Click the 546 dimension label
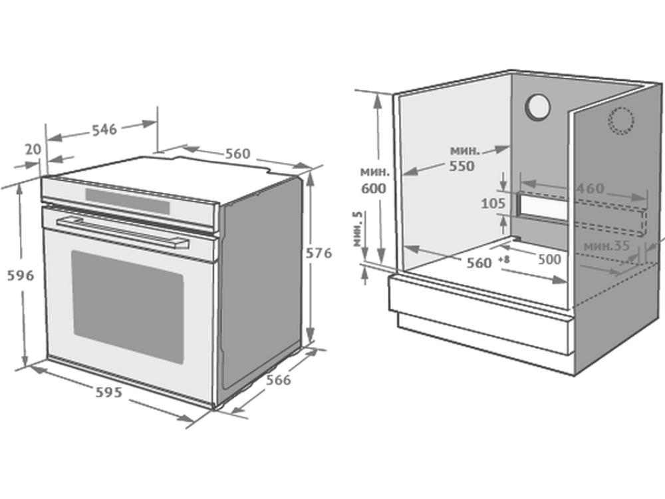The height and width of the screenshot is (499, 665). pyautogui.click(x=104, y=130)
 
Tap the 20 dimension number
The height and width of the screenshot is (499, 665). pyautogui.click(x=33, y=149)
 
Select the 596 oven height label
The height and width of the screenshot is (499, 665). pyautogui.click(x=21, y=276)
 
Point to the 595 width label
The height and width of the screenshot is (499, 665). pyautogui.click(x=108, y=393)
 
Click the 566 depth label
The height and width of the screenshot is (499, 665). pyautogui.click(x=278, y=380)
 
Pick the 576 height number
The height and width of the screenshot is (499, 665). pyautogui.click(x=319, y=253)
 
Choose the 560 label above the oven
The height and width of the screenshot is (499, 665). pyautogui.click(x=237, y=154)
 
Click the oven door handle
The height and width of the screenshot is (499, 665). pyautogui.click(x=122, y=232)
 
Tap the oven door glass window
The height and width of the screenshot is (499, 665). pyautogui.click(x=128, y=307)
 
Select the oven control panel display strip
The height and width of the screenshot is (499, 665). pyautogui.click(x=128, y=201)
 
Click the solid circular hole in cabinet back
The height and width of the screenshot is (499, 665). pyautogui.click(x=538, y=107)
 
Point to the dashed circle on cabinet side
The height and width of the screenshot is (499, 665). pyautogui.click(x=621, y=120)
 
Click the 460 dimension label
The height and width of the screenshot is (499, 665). pyautogui.click(x=590, y=188)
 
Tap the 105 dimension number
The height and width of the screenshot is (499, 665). pyautogui.click(x=493, y=204)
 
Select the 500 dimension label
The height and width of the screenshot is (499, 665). pyautogui.click(x=549, y=259)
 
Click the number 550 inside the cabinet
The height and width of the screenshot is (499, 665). pyautogui.click(x=462, y=166)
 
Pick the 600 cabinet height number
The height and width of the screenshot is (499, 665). pyautogui.click(x=374, y=188)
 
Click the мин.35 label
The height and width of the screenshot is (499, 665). pyautogui.click(x=606, y=246)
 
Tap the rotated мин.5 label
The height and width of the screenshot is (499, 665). pyautogui.click(x=358, y=229)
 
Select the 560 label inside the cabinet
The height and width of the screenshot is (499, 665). pyautogui.click(x=479, y=263)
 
